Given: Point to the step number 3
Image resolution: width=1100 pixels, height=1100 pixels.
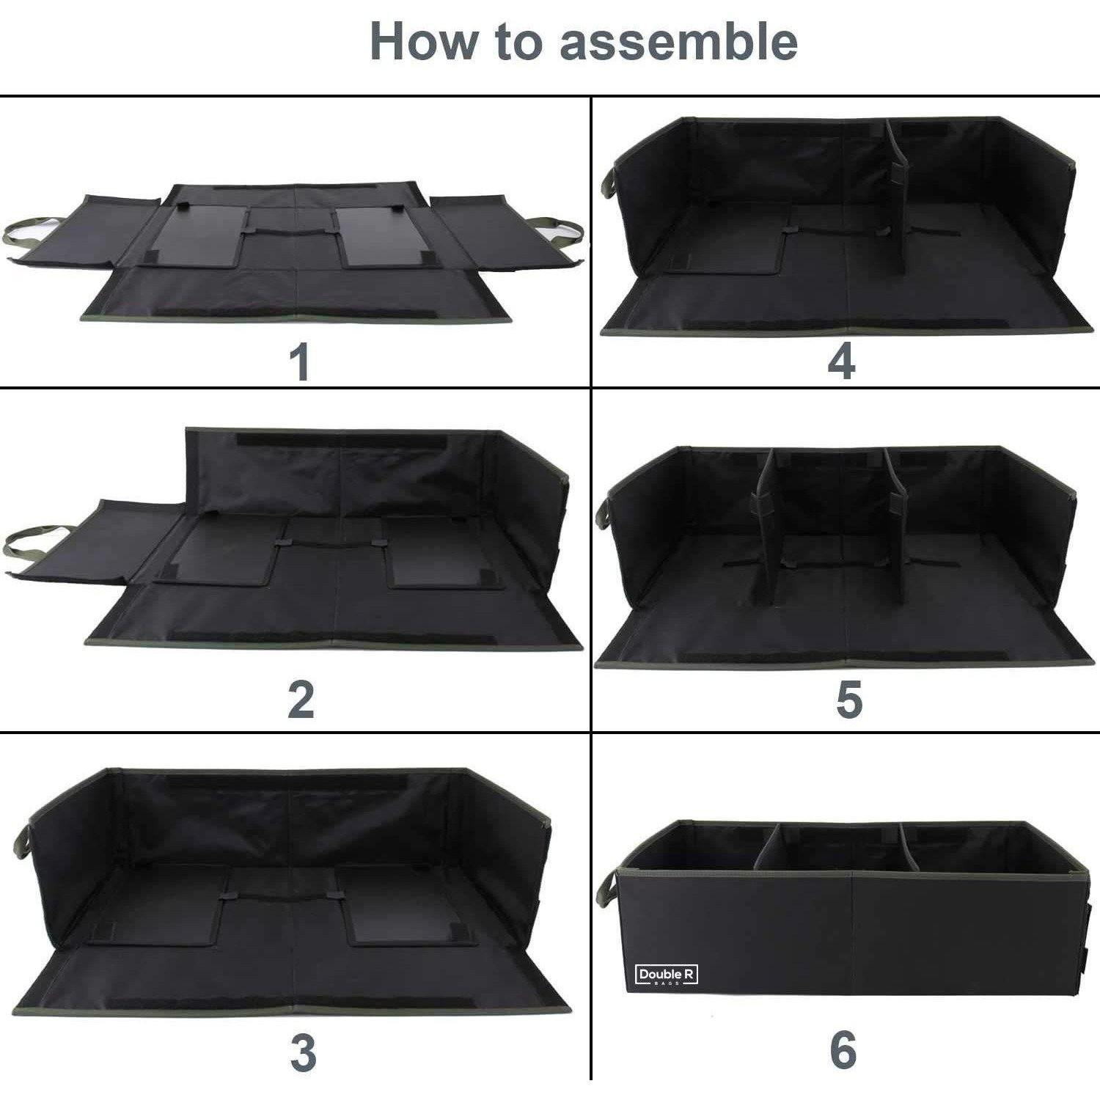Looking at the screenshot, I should [x=302, y=1052].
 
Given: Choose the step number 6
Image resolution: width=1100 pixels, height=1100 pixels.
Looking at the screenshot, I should [x=843, y=1049].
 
